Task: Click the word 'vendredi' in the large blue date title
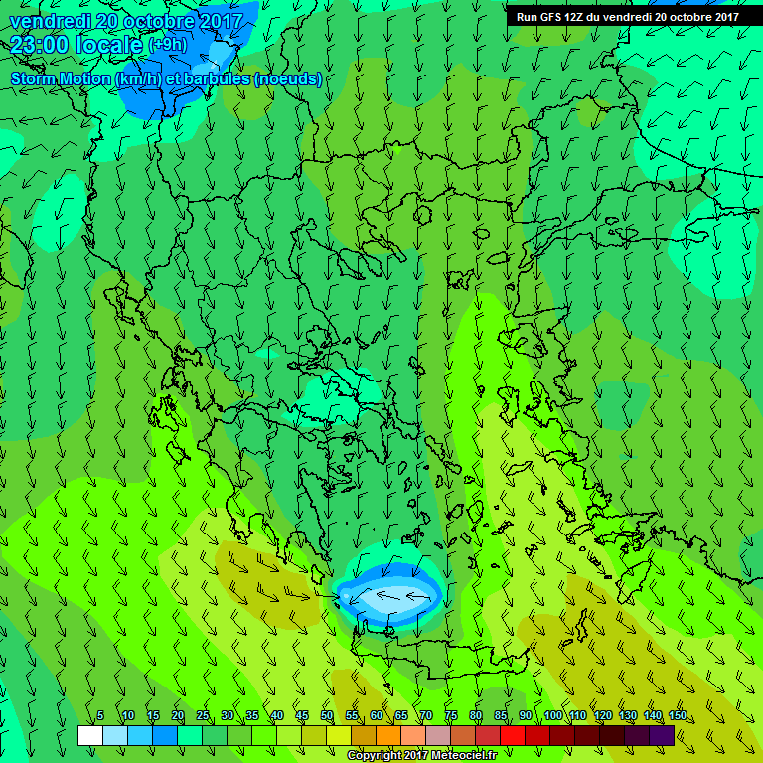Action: click(x=52, y=20)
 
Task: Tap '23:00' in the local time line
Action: click(x=38, y=45)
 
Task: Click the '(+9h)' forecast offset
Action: click(x=167, y=45)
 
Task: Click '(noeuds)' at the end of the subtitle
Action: click(x=288, y=78)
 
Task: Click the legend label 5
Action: click(x=101, y=716)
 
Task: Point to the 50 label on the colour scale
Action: click(x=327, y=716)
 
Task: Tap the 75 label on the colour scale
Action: click(x=451, y=716)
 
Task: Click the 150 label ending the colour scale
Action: click(x=677, y=716)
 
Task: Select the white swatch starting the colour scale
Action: click(x=89, y=735)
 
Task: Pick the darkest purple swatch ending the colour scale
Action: click(x=662, y=735)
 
